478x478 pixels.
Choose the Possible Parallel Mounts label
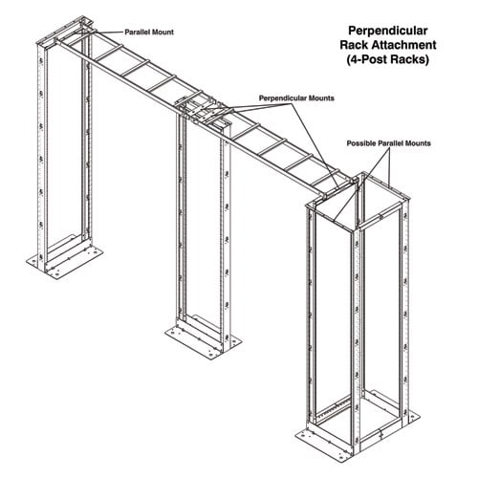click(x=389, y=142)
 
